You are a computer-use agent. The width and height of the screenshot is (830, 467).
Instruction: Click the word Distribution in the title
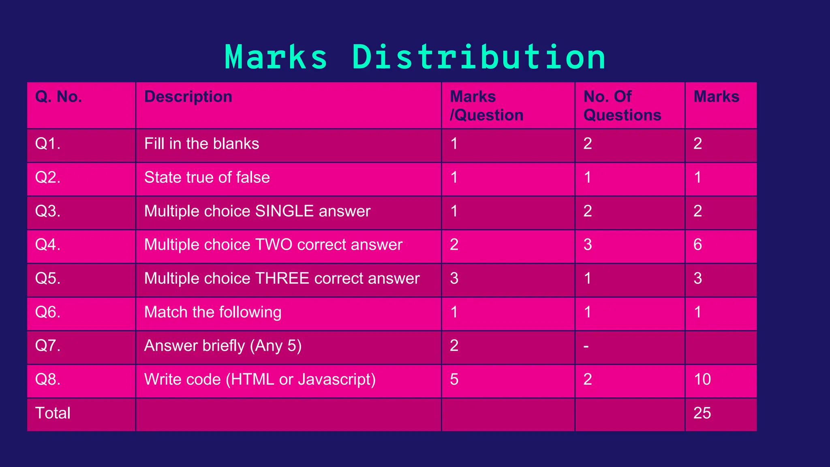(x=479, y=57)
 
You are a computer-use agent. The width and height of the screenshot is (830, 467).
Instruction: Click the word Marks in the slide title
(x=276, y=57)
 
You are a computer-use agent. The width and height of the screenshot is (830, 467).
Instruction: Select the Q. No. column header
(x=59, y=97)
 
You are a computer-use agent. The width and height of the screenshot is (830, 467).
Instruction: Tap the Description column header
(x=188, y=97)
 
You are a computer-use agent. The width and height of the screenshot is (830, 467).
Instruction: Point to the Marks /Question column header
(x=486, y=106)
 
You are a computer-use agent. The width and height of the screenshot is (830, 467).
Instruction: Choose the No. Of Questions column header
(x=622, y=106)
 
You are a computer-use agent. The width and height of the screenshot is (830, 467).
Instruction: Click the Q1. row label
(x=48, y=144)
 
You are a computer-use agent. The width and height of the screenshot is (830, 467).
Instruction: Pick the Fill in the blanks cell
(x=201, y=144)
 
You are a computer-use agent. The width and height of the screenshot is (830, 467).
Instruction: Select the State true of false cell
(x=207, y=178)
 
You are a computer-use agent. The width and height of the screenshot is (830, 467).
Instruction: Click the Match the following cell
(x=213, y=312)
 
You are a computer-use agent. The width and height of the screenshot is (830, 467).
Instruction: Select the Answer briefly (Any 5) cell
(x=223, y=346)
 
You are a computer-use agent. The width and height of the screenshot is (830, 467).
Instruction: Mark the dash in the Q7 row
(x=586, y=347)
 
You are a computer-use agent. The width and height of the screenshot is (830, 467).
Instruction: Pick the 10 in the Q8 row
(x=702, y=379)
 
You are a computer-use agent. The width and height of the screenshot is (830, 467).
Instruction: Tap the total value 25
(x=702, y=413)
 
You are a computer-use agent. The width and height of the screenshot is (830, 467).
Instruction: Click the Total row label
(x=53, y=413)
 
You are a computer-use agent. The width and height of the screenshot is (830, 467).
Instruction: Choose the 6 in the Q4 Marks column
(x=698, y=245)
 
